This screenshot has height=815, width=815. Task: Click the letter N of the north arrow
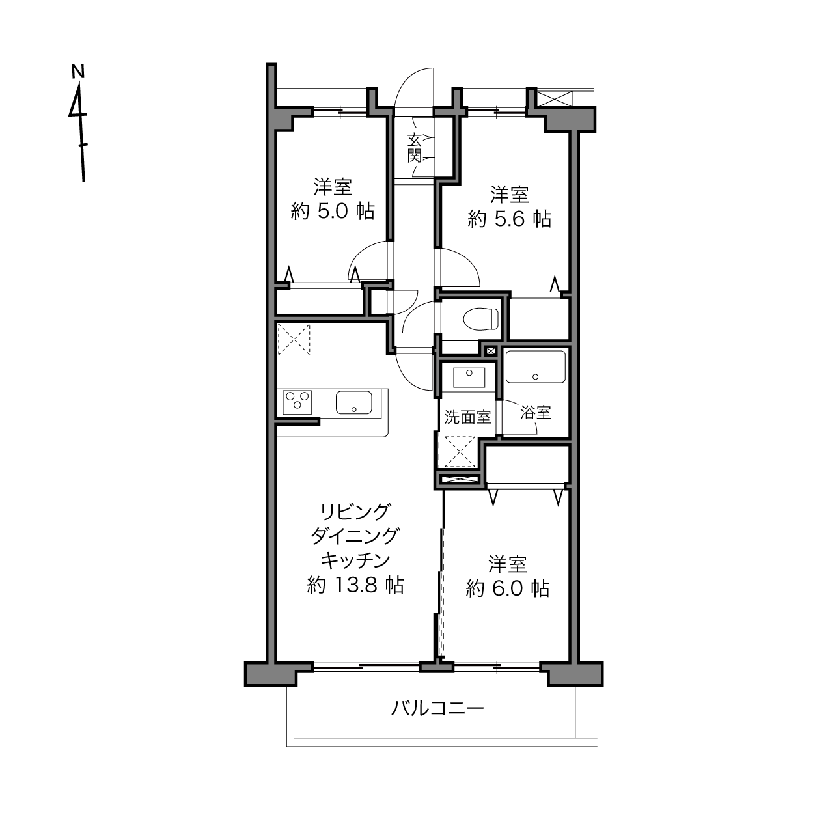pyautogui.click(x=78, y=71)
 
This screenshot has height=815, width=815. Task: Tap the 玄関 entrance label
pyautogui.click(x=415, y=148)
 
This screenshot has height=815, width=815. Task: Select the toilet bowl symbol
pyautogui.click(x=481, y=318)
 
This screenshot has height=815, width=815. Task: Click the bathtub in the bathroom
pyautogui.click(x=536, y=366)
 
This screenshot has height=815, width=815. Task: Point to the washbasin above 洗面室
pyautogui.click(x=469, y=378)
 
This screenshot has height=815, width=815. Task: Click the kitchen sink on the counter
pyautogui.click(x=354, y=402)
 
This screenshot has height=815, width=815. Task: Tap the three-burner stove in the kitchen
pyautogui.click(x=297, y=402)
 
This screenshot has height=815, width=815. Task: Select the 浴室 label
pyautogui.click(x=536, y=412)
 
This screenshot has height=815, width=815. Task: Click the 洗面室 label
pyautogui.click(x=467, y=417)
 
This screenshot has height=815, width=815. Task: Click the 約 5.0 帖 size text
pyautogui.click(x=333, y=211)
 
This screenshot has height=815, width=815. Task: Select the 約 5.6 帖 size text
pyautogui.click(x=509, y=219)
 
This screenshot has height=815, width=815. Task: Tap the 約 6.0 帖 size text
pyautogui.click(x=508, y=588)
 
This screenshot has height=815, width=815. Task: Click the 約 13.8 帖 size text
pyautogui.click(x=355, y=585)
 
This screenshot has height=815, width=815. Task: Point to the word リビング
pyautogui.click(x=354, y=512)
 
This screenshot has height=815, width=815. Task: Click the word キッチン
pyautogui.click(x=355, y=561)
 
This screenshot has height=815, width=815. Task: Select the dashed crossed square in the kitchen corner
pyautogui.click(x=294, y=339)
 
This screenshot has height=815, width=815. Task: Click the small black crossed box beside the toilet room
pyautogui.click(x=491, y=351)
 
